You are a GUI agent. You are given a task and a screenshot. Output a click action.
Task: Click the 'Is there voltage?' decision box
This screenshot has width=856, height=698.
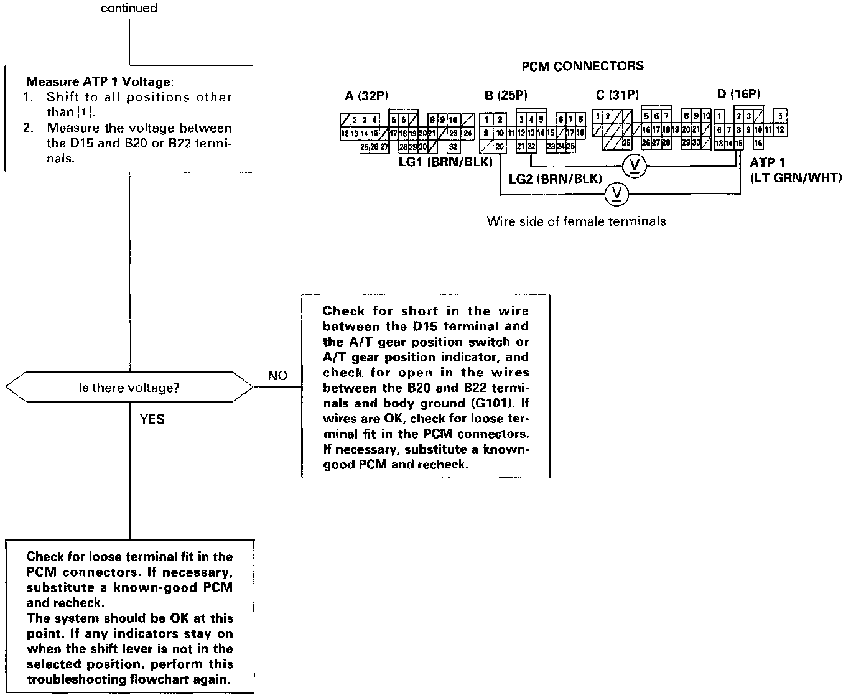pyautogui.click(x=129, y=388)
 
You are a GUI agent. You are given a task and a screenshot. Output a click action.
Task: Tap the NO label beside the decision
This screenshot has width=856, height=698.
pyautogui.click(x=277, y=376)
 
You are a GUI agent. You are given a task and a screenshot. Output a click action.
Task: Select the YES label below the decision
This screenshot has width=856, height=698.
pyautogui.click(x=152, y=419)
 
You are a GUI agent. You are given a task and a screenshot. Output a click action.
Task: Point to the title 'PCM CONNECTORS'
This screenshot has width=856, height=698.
pyautogui.click(x=582, y=66)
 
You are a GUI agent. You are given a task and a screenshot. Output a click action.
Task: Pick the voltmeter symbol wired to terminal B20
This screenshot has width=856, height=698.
pyautogui.click(x=617, y=194)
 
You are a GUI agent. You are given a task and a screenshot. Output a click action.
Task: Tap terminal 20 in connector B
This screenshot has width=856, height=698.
pyautogui.click(x=500, y=147)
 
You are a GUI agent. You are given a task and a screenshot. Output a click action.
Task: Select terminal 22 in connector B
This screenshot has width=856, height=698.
pyautogui.click(x=531, y=147)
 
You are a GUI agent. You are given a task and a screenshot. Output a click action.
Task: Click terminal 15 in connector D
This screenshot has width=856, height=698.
pyautogui.click(x=738, y=144)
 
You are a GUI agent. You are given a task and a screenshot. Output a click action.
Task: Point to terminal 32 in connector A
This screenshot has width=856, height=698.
pyautogui.click(x=453, y=147)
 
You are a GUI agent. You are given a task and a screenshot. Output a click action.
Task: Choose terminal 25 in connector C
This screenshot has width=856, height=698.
pyautogui.click(x=626, y=143)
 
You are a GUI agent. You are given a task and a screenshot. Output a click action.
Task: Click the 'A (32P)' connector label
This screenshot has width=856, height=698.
pyautogui.click(x=366, y=95)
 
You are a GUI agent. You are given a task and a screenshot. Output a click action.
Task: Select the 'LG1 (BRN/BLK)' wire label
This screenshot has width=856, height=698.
pyautogui.click(x=445, y=162)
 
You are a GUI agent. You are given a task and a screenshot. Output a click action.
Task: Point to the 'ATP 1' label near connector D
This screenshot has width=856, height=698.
pyautogui.click(x=768, y=163)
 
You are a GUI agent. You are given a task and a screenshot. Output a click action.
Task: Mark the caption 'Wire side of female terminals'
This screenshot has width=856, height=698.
pyautogui.click(x=576, y=221)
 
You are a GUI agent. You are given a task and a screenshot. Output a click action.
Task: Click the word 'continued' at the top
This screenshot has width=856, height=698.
pyautogui.click(x=129, y=9)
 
